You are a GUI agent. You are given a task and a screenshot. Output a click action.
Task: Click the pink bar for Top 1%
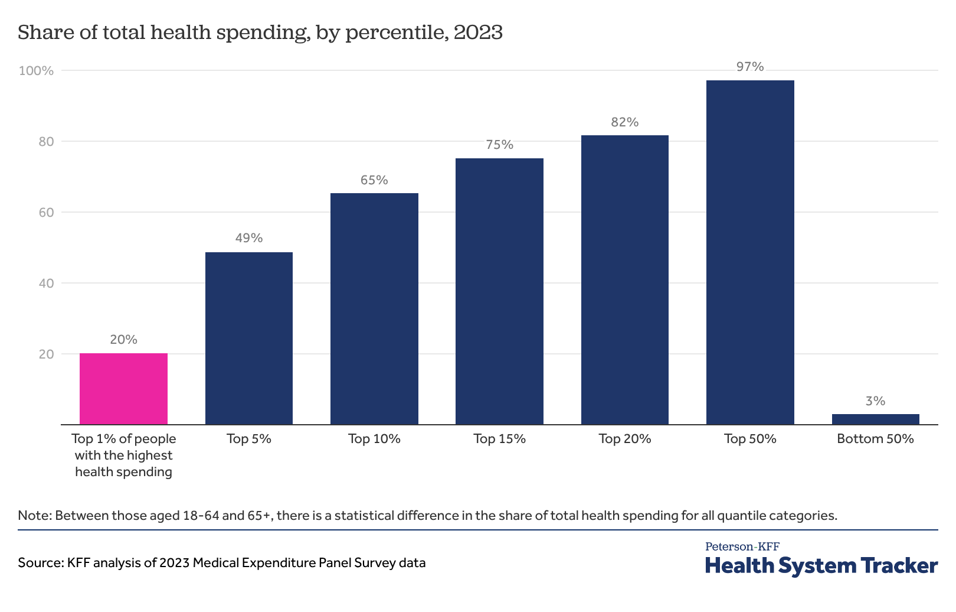tap(123, 389)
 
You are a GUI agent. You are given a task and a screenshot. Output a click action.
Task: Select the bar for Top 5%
tap(248, 338)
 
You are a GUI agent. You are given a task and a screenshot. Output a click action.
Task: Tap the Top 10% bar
tap(374, 308)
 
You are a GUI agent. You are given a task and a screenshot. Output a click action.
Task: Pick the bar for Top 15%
tap(499, 291)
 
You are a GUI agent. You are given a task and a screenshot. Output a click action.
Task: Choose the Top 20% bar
tap(624, 279)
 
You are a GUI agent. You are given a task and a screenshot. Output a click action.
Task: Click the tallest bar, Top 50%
tap(749, 252)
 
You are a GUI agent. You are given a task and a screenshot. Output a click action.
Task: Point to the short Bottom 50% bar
tap(875, 419)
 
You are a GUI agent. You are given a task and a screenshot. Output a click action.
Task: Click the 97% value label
tap(749, 67)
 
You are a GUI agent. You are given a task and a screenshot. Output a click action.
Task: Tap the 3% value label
tap(875, 401)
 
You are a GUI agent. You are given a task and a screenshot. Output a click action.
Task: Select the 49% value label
tap(248, 238)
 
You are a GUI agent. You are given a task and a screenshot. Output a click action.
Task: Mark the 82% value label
tap(624, 122)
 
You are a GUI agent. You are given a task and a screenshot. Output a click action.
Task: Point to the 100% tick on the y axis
tap(36, 71)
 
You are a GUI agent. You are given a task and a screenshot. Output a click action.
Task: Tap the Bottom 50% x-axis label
tap(875, 439)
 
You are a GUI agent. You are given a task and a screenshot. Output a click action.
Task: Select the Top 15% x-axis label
tap(499, 439)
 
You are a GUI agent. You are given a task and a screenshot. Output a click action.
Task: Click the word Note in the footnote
tap(34, 515)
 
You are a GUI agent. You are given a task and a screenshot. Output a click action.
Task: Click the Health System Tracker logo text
tap(821, 565)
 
